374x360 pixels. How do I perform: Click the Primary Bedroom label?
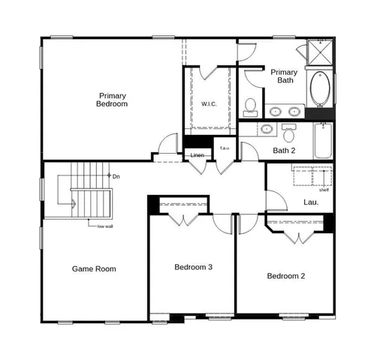[112, 100]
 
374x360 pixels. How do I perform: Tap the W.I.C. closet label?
[209, 103]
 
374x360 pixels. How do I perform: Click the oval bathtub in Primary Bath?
[318, 88]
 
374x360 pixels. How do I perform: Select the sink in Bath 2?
[266, 129]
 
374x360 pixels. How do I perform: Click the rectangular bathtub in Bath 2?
[322, 140]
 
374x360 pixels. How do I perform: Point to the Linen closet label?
[197, 155]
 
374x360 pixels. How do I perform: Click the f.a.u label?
[224, 148]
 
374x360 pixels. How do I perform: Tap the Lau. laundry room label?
[312, 202]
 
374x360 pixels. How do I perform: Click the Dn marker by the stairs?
[115, 176]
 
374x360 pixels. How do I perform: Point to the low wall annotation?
[105, 226]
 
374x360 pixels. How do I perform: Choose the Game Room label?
[94, 268]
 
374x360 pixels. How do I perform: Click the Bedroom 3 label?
[194, 267]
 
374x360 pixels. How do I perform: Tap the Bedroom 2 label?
[286, 276]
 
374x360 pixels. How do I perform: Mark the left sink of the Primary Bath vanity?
[274, 112]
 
